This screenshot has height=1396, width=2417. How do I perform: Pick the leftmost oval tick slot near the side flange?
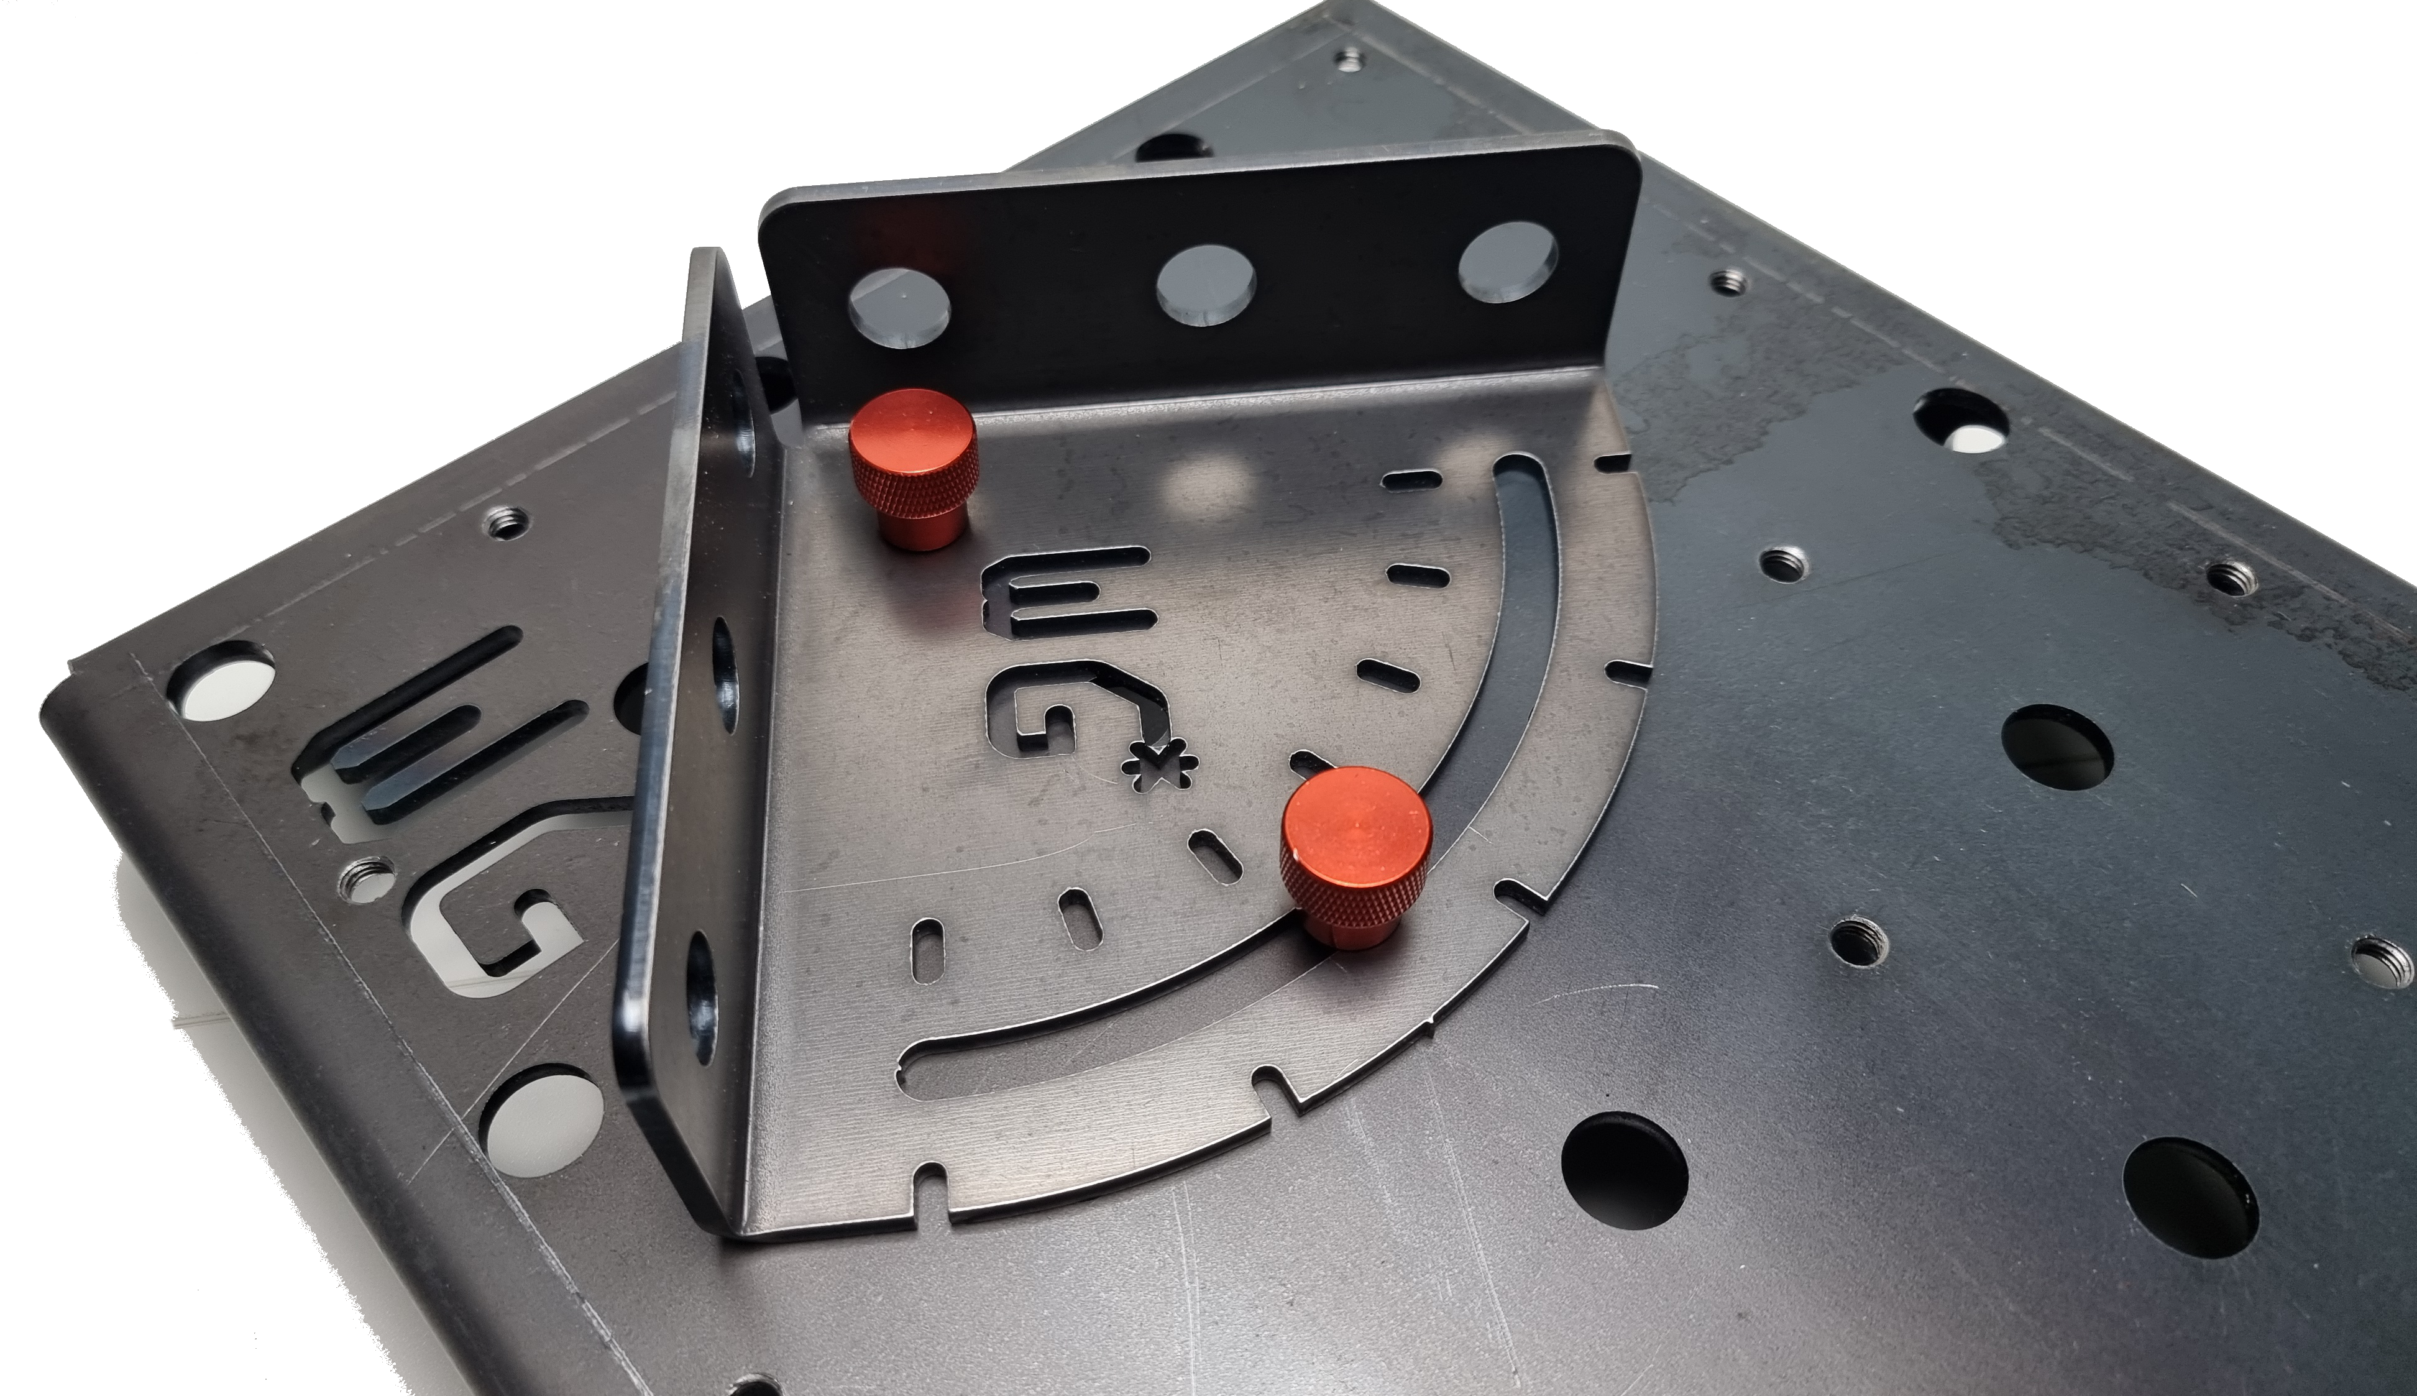[927, 948]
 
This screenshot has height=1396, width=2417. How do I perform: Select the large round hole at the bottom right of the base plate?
[2189, 1198]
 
